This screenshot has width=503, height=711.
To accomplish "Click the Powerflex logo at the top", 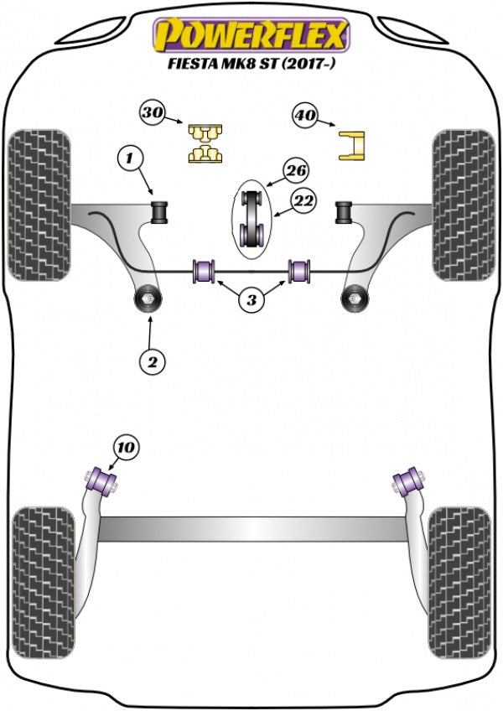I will pyautogui.click(x=250, y=35).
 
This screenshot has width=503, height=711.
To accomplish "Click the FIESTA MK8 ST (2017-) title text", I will pyautogui.click(x=251, y=63).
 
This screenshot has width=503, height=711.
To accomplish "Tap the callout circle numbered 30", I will pyautogui.click(x=153, y=112).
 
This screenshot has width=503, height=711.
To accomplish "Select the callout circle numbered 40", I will pyautogui.click(x=305, y=116).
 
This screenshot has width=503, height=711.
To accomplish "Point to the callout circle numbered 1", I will pyautogui.click(x=129, y=156).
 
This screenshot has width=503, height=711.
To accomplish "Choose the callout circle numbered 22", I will pyautogui.click(x=303, y=200).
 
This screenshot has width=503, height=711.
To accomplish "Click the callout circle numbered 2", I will pyautogui.click(x=153, y=361).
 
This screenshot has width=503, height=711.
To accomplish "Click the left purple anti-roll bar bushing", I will pyautogui.click(x=205, y=272).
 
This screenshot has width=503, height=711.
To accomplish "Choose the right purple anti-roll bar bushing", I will pyautogui.click(x=299, y=272).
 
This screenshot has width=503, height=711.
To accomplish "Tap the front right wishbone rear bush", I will pyautogui.click(x=355, y=297).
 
